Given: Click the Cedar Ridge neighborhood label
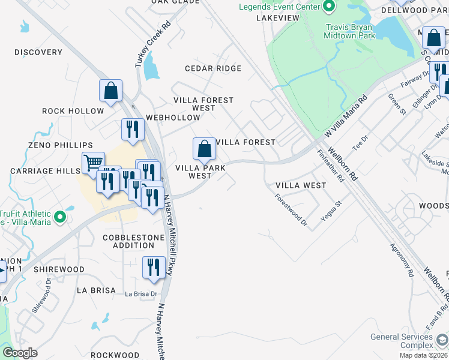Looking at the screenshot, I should click(213, 68).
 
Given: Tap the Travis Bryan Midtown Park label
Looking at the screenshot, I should click(349, 31).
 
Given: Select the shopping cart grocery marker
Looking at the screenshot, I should click(93, 162).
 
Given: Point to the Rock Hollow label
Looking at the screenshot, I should click(73, 111).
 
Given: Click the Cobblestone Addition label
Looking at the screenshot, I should click(133, 241).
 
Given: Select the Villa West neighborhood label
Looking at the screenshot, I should click(301, 185).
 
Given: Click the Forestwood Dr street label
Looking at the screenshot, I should click(291, 210).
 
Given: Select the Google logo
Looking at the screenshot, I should click(20, 352).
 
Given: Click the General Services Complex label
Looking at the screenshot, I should click(402, 341).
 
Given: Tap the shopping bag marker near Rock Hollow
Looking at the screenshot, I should click(111, 91).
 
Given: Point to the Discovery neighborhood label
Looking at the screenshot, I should click(38, 52).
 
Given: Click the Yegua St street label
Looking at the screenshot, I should click(331, 211).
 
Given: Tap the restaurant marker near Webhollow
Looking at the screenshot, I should click(133, 128).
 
